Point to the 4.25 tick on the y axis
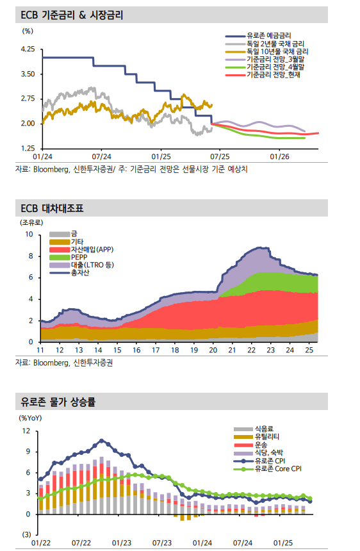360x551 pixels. pos(28,49)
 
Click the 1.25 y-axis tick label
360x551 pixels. pos(28,148)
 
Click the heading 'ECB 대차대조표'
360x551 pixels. pos(53,208)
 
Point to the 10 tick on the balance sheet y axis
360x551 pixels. pos(29,234)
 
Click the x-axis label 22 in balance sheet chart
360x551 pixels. pos(252,350)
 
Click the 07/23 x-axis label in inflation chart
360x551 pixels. pos(163,543)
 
